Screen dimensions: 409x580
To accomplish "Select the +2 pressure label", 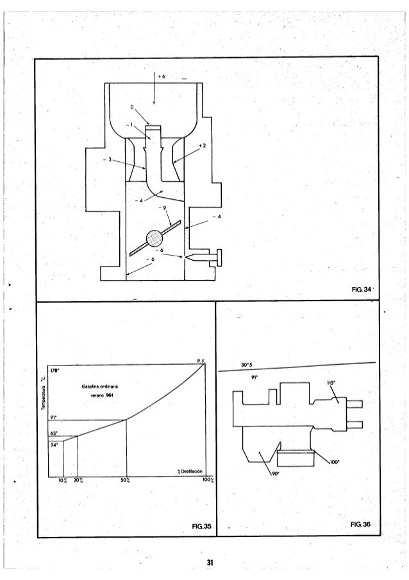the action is (x=202, y=146).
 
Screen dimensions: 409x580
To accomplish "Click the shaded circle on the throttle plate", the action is (x=155, y=238).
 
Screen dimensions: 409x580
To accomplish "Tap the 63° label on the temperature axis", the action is (x=54, y=433).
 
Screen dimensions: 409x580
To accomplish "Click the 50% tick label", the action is (x=126, y=480).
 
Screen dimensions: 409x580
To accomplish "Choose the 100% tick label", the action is (x=206, y=480).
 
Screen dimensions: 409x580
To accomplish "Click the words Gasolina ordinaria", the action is (x=98, y=386).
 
